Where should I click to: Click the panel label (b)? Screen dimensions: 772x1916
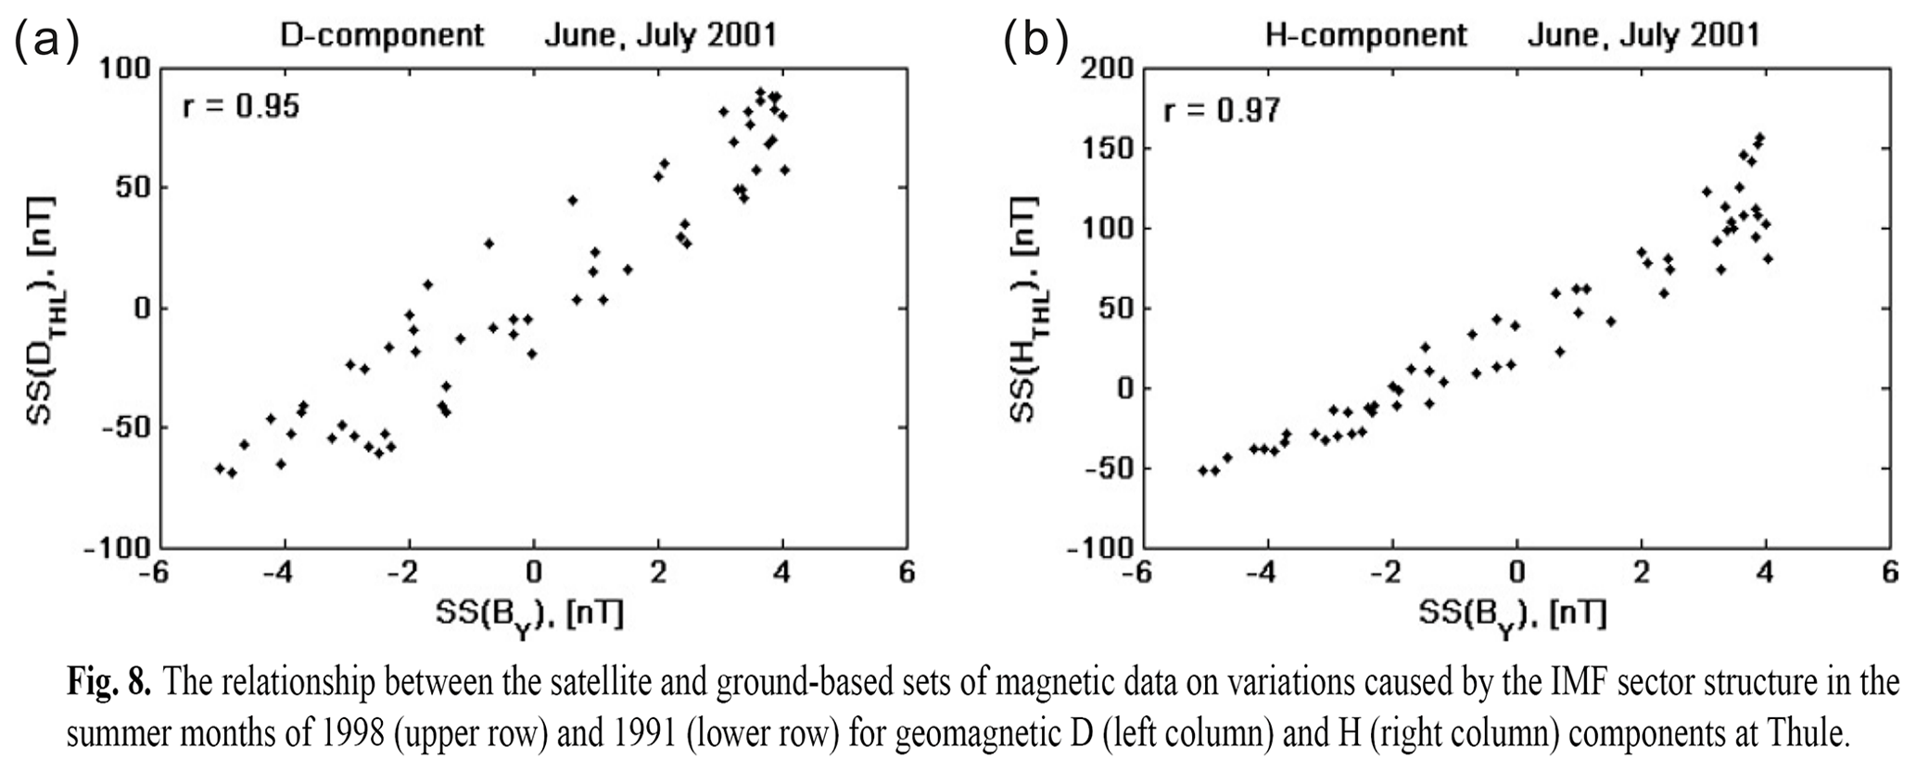tap(1035, 41)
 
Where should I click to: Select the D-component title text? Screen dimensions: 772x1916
tap(383, 35)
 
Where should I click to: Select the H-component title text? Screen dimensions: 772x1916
tap(1366, 35)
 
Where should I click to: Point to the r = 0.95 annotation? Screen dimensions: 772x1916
tap(241, 107)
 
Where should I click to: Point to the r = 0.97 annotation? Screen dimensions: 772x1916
tap(1222, 111)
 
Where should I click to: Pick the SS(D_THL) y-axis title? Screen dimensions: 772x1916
tap(42, 310)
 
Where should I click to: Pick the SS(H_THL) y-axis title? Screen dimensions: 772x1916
tap(1023, 310)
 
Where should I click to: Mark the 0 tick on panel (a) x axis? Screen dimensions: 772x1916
tap(533, 573)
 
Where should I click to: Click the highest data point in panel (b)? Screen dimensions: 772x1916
tap(1759, 138)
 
